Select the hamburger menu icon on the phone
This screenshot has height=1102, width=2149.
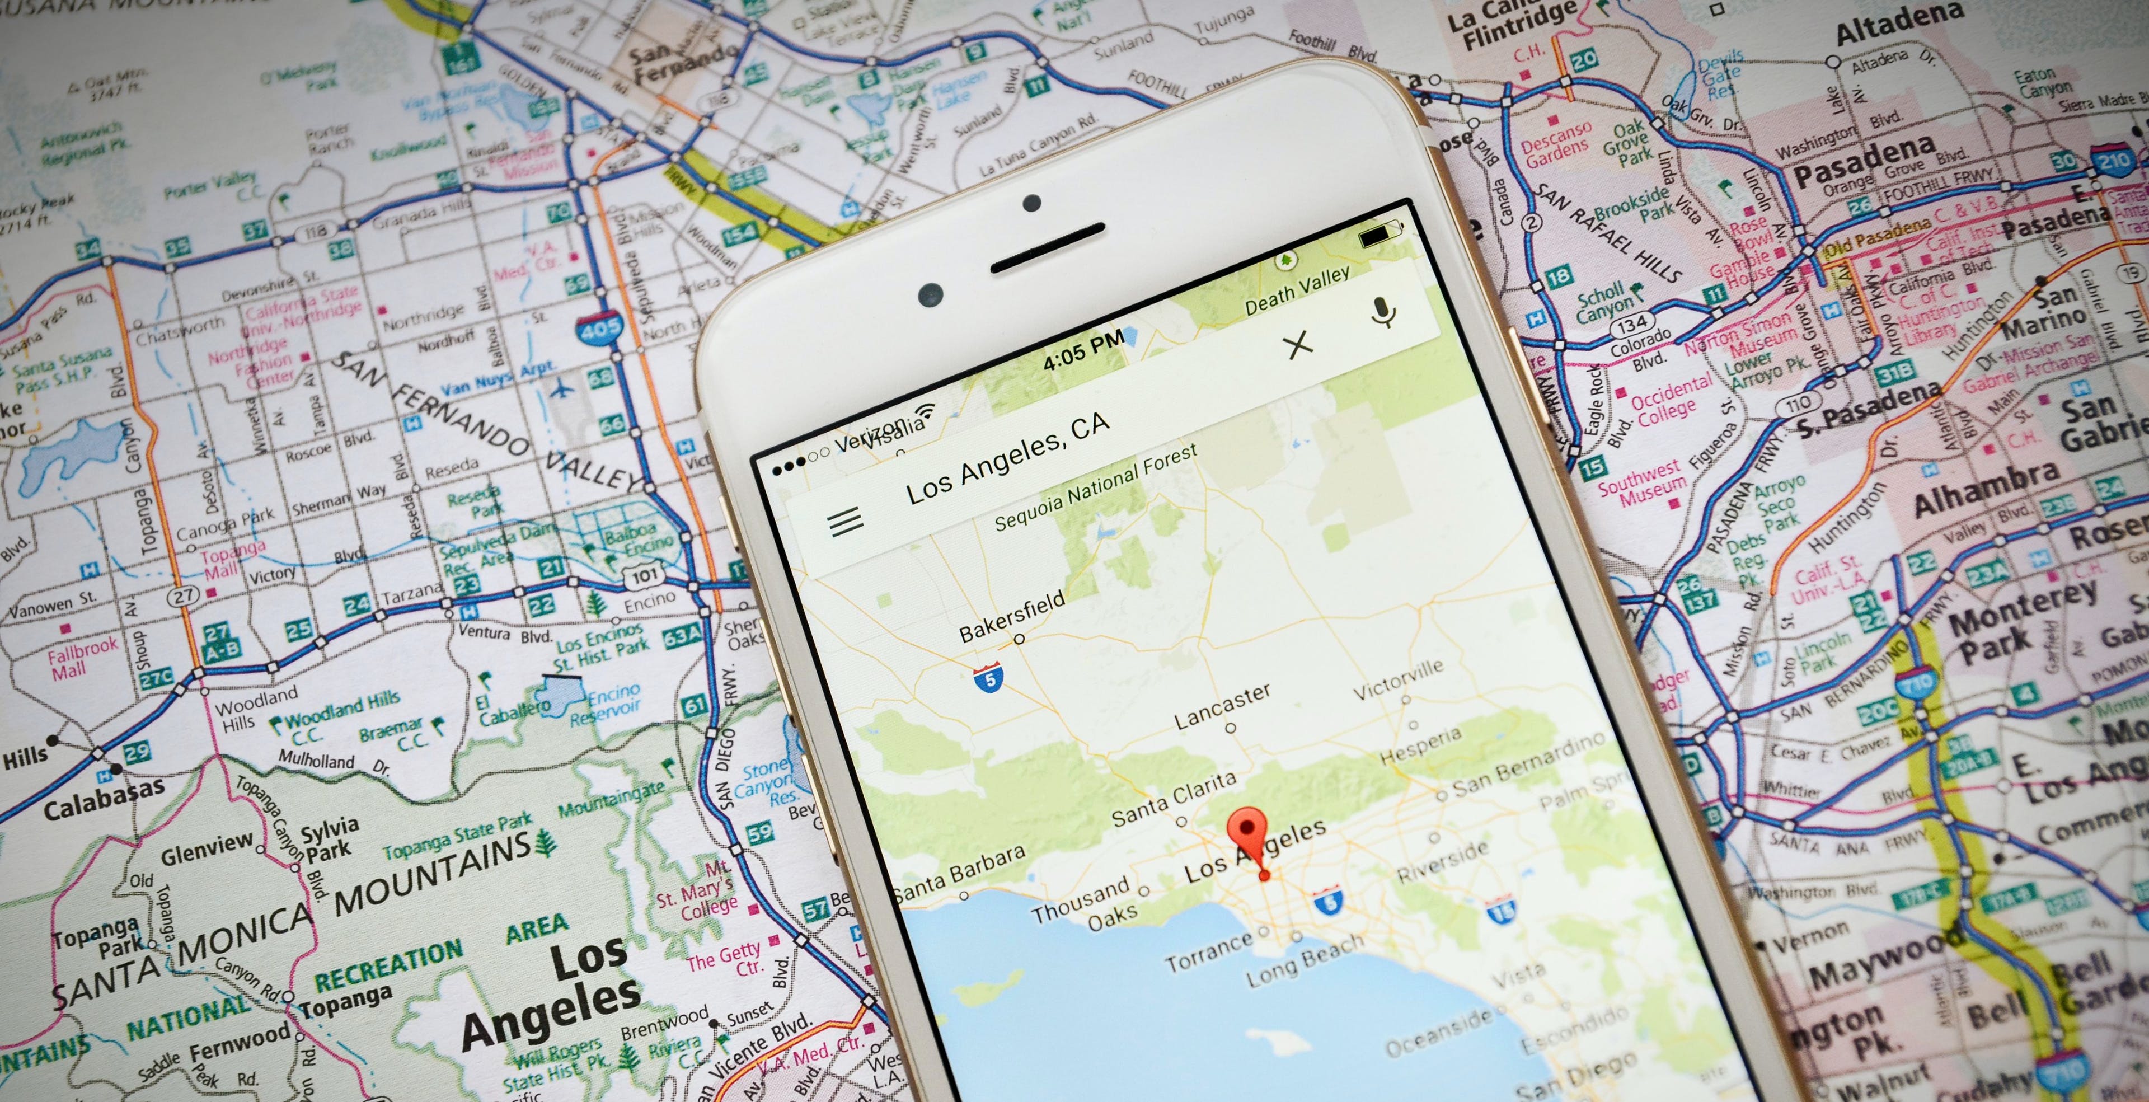(845, 522)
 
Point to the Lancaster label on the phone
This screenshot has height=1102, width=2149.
(1222, 706)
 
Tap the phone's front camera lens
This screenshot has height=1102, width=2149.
(930, 294)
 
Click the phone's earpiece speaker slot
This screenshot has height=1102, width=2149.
(1047, 248)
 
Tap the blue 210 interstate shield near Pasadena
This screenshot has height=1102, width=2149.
(2114, 160)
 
